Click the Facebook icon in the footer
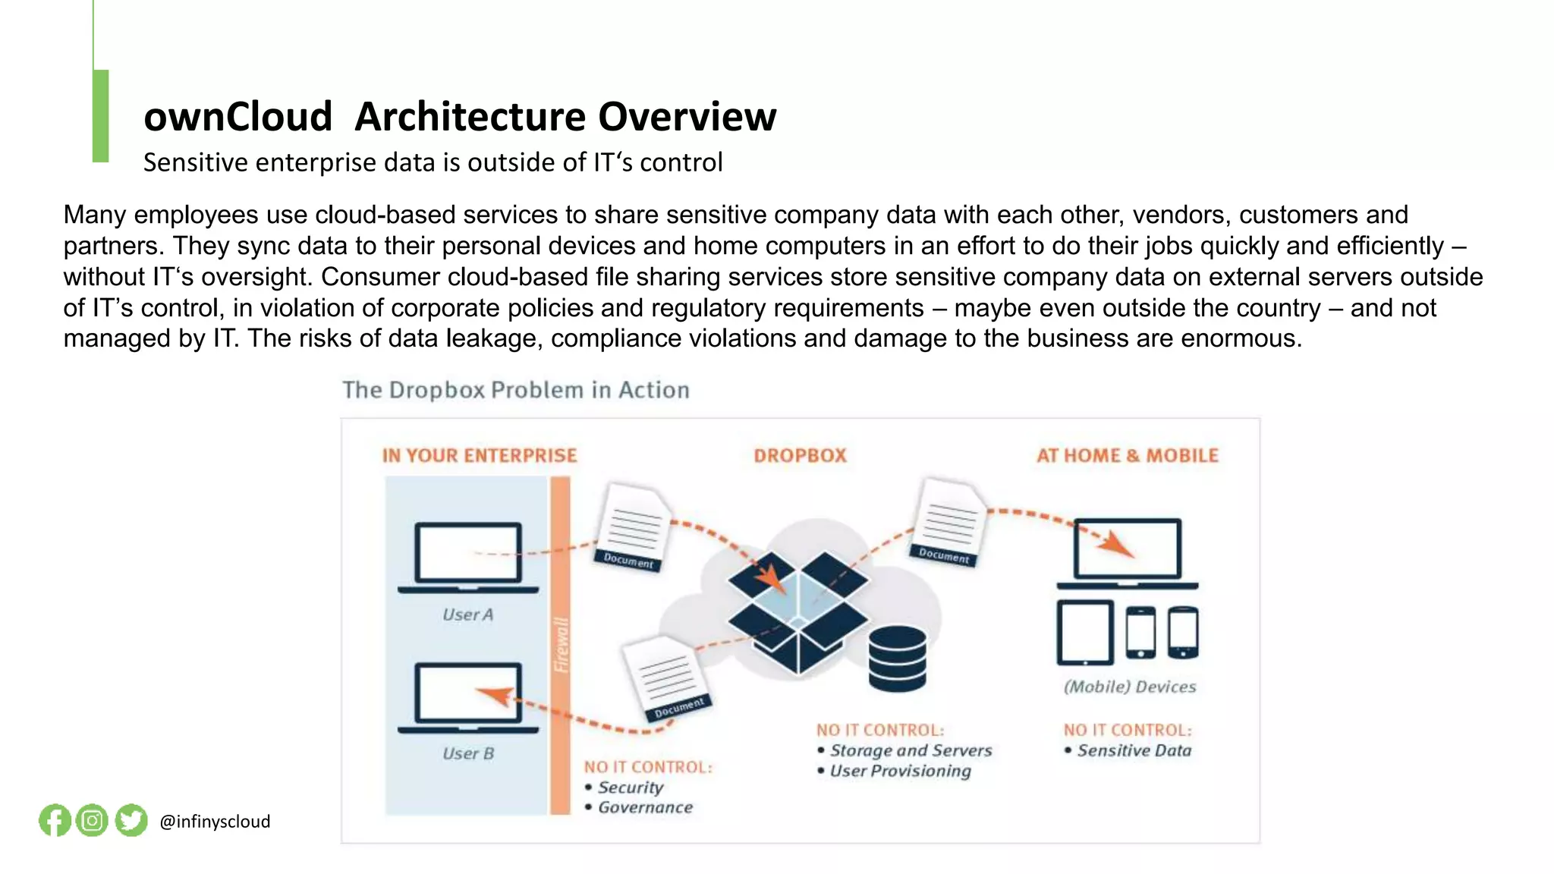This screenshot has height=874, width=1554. coord(55,820)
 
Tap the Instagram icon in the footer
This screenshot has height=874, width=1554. coord(93,820)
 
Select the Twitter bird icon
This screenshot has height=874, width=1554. coord(131,820)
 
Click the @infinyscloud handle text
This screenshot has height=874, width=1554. coord(215,822)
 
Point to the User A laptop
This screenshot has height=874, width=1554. coord(468,556)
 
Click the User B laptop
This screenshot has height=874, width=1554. coord(468,696)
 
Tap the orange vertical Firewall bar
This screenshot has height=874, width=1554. coord(560,645)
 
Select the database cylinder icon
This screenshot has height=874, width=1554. coord(897,658)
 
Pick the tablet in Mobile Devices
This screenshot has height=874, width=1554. coord(1085,632)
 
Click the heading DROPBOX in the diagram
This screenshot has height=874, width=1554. coord(800,456)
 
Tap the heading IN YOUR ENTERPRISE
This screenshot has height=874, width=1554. coord(480,456)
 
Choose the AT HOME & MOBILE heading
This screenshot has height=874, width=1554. coord(1128,456)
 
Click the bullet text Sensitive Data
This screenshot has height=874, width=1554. coord(1134,750)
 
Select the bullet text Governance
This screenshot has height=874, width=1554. coord(645,807)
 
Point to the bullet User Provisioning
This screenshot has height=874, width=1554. coord(900,771)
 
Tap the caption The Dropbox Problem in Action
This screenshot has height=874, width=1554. coord(516,390)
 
